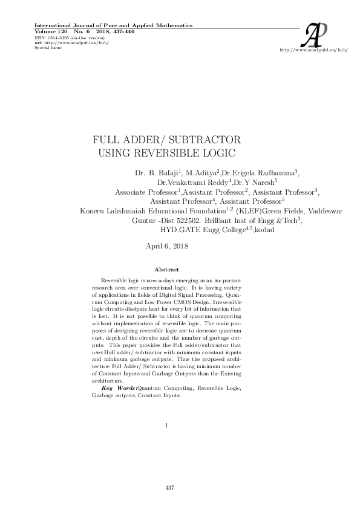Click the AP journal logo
coord(318,35)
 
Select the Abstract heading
coord(166,269)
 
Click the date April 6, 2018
coord(168,246)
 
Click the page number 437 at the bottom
coord(170,487)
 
